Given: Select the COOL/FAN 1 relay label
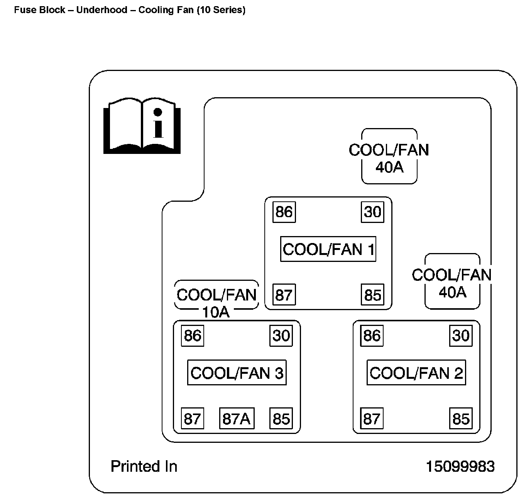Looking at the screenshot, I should tap(328, 249).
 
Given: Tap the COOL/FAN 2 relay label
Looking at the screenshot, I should tap(416, 373).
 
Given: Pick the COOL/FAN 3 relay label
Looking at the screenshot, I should tap(237, 373).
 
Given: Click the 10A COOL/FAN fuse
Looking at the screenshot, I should tap(216, 299).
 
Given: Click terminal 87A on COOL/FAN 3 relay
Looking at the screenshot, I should tap(237, 419).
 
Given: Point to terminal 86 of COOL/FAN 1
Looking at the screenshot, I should tap(284, 212).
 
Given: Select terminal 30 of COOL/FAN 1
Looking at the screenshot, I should tap(372, 212).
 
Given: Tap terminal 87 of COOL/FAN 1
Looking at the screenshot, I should tap(284, 295).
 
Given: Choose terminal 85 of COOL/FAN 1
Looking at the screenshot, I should tap(372, 295).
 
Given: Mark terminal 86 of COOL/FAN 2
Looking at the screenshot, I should tap(372, 336).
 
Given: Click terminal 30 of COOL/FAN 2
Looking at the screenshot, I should tap(461, 336).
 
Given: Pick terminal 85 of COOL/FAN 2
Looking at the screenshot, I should tap(461, 419).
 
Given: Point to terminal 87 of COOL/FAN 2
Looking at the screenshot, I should tap(372, 419).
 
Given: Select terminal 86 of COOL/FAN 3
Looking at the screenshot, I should tap(193, 336).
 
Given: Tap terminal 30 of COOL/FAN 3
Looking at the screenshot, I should tap(281, 336).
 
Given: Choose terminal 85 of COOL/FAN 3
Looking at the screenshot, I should tap(281, 419).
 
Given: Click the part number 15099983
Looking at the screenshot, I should tap(460, 467).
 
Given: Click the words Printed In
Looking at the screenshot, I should tap(144, 467).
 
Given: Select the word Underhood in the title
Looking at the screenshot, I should tap(101, 10).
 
